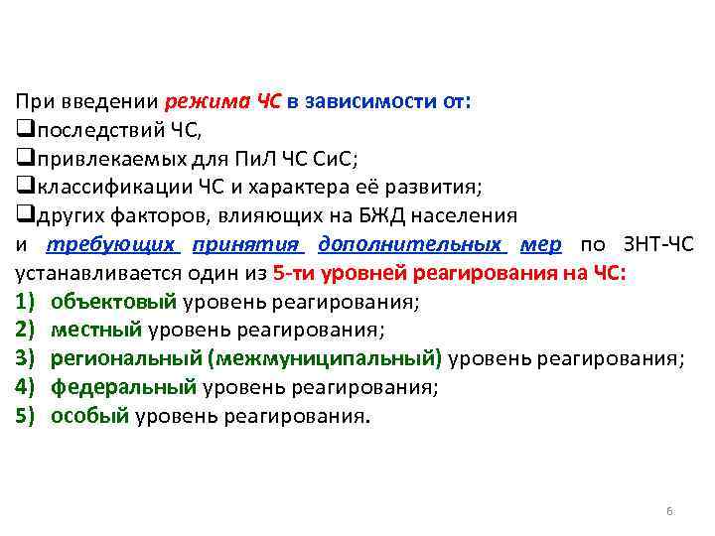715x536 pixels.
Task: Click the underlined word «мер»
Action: tap(541, 244)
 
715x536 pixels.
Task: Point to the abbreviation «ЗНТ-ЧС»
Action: tap(659, 244)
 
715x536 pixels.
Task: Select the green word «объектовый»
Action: tap(113, 302)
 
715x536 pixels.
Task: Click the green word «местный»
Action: tap(97, 330)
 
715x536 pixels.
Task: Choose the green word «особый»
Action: tap(90, 416)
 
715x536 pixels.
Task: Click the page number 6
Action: tap(669, 511)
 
